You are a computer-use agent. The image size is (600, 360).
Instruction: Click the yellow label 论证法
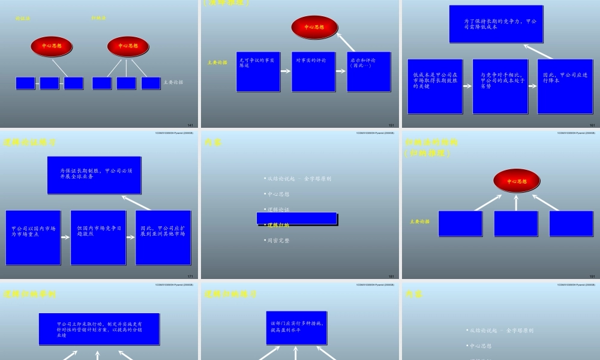pos(23,19)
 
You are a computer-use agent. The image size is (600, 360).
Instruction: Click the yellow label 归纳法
pos(98,18)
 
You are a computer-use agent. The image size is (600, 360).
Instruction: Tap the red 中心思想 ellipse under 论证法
pos(52,46)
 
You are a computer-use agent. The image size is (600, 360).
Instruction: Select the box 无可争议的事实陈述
pos(258,71)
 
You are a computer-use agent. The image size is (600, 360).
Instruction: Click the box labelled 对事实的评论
pos(313,71)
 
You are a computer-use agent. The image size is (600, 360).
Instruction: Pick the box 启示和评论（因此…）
pos(368,71)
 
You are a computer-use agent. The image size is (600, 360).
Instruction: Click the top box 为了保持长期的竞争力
pos(496,25)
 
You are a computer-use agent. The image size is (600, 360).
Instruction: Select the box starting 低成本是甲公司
pos(435,86)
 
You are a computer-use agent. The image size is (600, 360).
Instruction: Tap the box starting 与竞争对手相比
pos(500,86)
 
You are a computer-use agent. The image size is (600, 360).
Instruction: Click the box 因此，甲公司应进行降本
pos(565,86)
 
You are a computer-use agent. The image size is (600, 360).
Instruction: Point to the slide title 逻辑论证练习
pos(30,143)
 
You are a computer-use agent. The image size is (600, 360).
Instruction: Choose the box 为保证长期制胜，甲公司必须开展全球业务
pos(94,175)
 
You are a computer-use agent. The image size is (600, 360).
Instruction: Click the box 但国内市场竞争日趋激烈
pos(98,238)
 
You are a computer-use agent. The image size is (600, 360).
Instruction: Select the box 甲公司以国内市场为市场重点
pos(33,238)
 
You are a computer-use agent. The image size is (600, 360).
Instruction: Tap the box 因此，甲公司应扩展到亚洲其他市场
pos(163,238)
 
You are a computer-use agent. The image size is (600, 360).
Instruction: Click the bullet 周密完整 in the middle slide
pos(278,241)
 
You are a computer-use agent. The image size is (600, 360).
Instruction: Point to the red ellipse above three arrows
pos(516,181)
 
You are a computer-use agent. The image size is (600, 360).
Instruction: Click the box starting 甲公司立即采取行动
pos(99,329)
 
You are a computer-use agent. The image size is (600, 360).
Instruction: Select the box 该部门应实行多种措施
pos(296,327)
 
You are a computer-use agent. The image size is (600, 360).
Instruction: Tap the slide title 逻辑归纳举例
pos(30,295)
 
